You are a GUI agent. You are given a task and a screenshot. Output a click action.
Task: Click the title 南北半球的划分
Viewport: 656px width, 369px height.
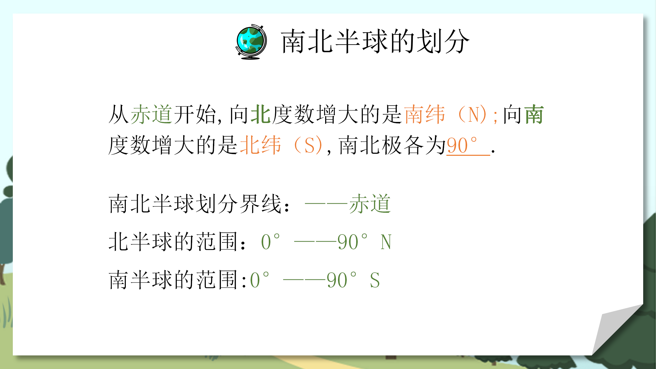[x=375, y=42]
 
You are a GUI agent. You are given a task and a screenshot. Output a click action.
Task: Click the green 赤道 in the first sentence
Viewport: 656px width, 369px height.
[x=151, y=114]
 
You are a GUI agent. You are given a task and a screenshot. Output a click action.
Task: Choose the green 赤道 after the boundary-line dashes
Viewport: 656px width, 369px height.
[x=370, y=204]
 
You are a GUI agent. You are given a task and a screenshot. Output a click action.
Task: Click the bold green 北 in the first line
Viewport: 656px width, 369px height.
[x=261, y=114]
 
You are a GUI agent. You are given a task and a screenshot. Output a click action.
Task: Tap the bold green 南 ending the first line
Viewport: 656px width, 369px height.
[x=534, y=114]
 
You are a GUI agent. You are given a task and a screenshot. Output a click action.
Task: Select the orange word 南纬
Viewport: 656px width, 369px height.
[x=425, y=114]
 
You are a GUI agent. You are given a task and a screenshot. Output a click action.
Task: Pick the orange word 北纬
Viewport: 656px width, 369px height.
[x=260, y=145]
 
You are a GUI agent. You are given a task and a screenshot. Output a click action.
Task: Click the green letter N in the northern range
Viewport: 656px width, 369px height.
[x=386, y=242]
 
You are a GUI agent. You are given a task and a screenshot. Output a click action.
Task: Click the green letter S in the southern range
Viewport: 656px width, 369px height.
[x=375, y=280]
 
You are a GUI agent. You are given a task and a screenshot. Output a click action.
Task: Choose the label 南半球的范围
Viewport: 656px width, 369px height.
[x=173, y=280]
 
